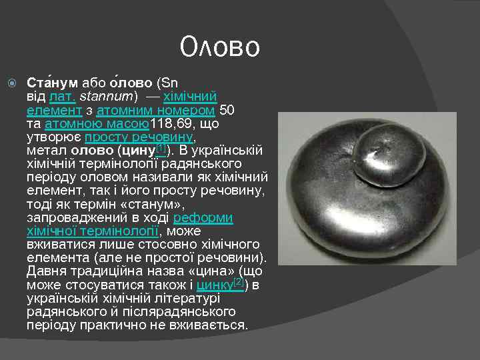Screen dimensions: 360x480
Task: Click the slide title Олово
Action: [220, 47]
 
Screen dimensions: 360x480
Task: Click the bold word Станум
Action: [52, 83]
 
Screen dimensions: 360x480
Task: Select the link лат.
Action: [63, 97]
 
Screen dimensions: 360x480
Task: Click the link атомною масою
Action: [97, 124]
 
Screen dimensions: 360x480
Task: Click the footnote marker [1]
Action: [161, 147]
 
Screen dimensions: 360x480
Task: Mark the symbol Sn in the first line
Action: [169, 83]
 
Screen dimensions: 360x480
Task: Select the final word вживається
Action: [211, 326]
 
